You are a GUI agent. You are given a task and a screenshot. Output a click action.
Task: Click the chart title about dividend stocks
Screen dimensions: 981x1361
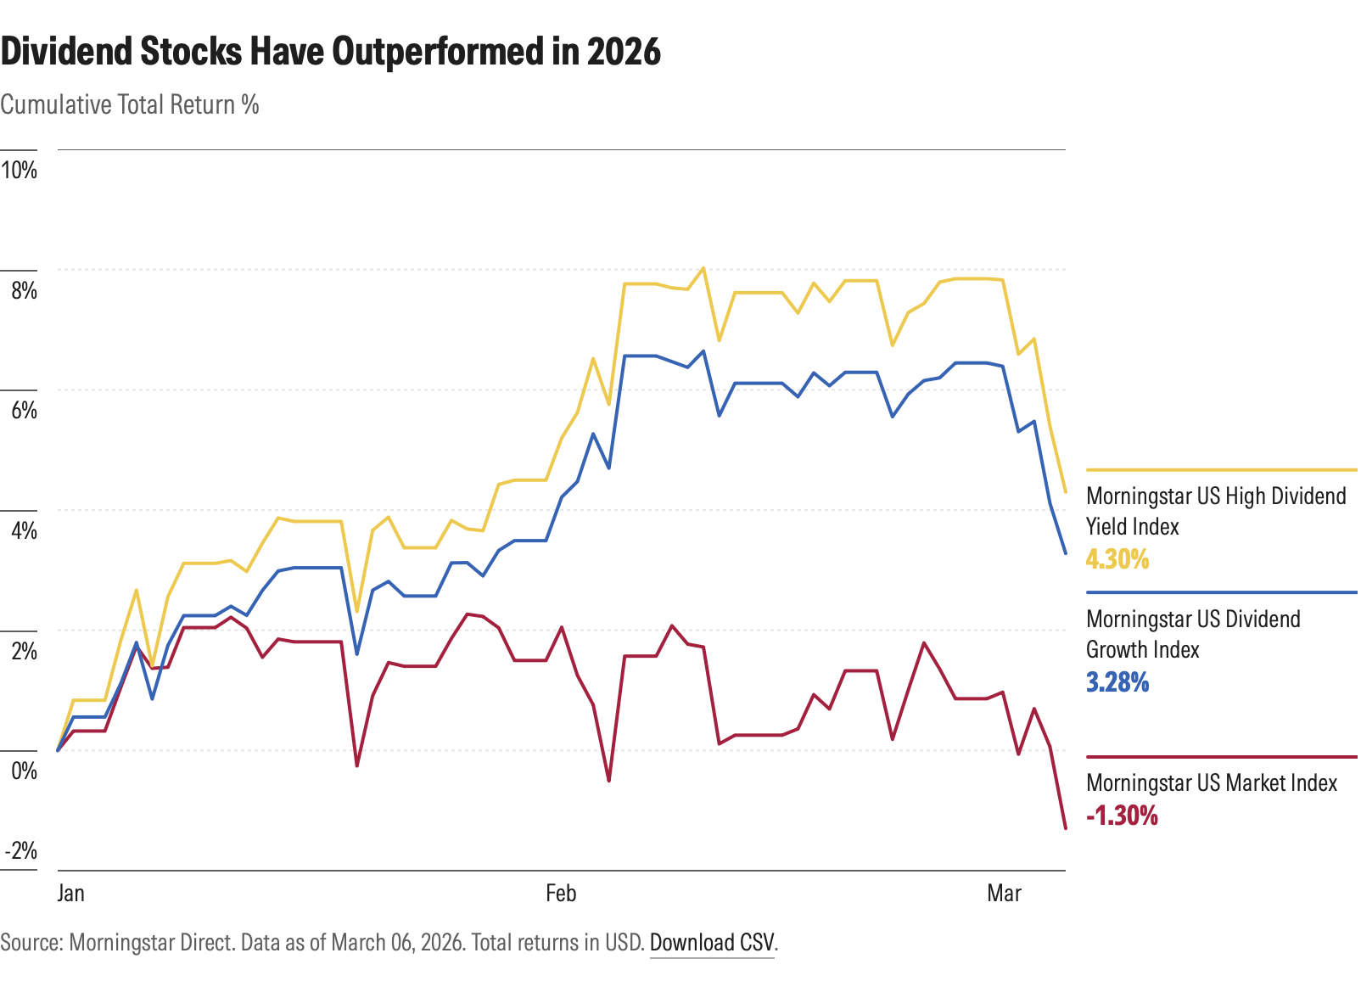point(331,53)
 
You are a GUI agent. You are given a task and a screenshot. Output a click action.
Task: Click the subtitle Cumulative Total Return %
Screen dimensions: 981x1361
point(130,105)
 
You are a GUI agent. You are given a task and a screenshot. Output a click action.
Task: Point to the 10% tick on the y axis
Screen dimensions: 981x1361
point(20,170)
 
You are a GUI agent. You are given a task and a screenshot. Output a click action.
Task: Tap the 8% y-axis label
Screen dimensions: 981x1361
point(24,290)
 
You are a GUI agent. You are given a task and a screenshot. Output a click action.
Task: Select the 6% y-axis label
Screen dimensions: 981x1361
point(24,411)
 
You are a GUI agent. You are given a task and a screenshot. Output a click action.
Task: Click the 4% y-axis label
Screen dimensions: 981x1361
point(24,531)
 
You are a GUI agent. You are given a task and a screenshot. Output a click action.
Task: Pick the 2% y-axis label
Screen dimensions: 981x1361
point(24,651)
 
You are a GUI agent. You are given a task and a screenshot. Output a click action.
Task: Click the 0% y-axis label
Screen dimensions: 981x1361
point(24,771)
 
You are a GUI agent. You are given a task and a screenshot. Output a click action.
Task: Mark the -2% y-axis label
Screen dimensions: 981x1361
point(20,851)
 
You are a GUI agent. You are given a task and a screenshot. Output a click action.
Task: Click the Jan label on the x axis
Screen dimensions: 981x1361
point(71,894)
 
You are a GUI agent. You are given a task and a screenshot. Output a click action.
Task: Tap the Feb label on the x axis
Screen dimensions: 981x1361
point(561,894)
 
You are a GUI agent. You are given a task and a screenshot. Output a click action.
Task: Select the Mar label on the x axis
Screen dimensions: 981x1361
point(1004,894)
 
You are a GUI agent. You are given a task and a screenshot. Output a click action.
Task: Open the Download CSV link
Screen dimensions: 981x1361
point(712,943)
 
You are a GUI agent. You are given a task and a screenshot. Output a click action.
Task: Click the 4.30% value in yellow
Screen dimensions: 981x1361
point(1117,559)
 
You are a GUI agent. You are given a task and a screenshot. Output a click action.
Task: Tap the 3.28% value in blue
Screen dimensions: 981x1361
point(1117,682)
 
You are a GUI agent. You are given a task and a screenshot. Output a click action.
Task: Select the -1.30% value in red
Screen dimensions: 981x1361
point(1122,816)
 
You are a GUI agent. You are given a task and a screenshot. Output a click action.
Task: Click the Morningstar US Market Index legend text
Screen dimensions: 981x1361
point(1212,782)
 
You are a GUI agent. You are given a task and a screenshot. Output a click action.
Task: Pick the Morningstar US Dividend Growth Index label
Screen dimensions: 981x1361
point(1192,634)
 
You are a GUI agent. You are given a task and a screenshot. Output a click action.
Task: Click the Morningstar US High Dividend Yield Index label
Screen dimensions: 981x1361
point(1215,511)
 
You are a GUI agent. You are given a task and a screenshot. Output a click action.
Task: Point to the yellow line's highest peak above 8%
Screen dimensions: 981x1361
point(703,268)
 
